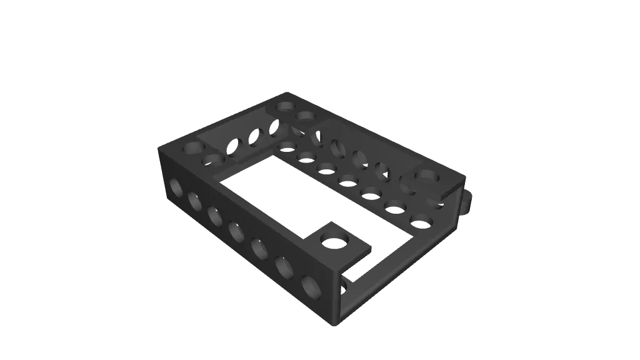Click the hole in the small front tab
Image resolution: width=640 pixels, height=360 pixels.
tap(337, 239)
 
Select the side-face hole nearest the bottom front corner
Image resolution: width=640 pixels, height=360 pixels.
tap(311, 286)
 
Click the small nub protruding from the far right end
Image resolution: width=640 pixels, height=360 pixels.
tap(469, 200)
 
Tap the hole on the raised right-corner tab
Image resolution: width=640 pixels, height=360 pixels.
tap(427, 179)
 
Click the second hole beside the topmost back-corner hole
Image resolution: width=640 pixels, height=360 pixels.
tap(306, 116)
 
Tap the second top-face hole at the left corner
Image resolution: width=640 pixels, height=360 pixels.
tap(213, 160)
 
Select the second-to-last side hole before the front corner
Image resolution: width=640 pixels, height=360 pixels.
tap(284, 267)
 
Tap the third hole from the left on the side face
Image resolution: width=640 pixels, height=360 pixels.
tap(215, 216)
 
